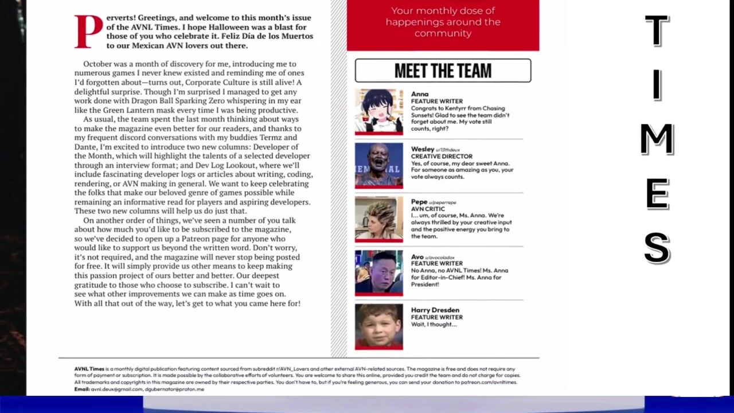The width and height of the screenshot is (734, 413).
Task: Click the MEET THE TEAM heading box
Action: [x=443, y=71]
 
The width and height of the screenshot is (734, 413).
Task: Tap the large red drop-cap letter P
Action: [x=88, y=31]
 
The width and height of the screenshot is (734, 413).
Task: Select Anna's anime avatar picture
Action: [x=378, y=111]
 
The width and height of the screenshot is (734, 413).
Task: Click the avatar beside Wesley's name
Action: [x=378, y=165]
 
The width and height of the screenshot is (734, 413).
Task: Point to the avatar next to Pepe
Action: [x=378, y=219]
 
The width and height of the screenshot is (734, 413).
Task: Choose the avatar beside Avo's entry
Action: [x=378, y=272]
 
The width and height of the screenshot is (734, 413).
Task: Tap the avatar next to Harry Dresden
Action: [x=378, y=326]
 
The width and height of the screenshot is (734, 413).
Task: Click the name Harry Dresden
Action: [x=435, y=310]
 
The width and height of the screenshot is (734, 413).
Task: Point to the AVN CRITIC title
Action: [x=428, y=209]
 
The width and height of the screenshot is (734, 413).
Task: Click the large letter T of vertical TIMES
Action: [x=657, y=30]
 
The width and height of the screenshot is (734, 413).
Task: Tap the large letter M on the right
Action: [x=657, y=139]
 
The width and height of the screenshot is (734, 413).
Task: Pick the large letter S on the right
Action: [x=657, y=248]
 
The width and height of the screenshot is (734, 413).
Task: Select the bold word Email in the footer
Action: [x=81, y=389]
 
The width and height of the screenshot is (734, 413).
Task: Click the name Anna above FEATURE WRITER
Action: [x=420, y=94]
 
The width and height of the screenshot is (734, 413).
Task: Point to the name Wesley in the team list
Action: [x=423, y=149]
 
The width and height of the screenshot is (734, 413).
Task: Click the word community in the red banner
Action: [x=443, y=33]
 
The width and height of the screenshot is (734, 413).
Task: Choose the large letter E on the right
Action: [x=657, y=194]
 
